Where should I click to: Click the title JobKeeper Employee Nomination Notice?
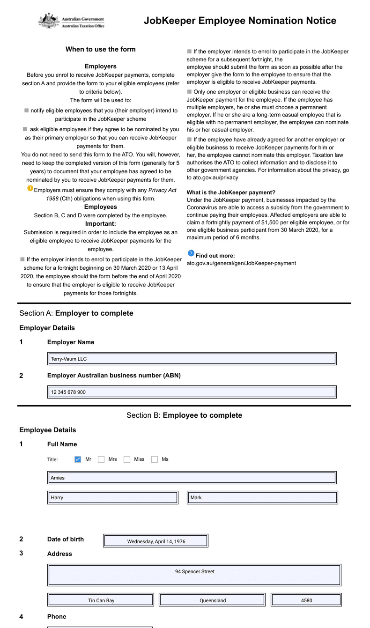(x=240, y=21)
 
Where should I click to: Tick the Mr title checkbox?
(x=78, y=459)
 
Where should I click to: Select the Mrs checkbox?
(x=101, y=459)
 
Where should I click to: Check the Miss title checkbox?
(x=127, y=459)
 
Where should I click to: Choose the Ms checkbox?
(x=155, y=459)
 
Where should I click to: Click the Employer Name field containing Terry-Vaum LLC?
(x=192, y=359)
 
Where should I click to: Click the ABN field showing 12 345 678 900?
(x=192, y=392)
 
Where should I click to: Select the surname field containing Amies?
(x=192, y=478)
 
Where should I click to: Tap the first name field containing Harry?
(x=113, y=497)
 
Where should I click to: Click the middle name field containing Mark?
(x=262, y=497)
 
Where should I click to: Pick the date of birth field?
(x=156, y=541)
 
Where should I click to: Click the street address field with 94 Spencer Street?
(x=194, y=575)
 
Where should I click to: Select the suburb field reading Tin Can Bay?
(x=101, y=600)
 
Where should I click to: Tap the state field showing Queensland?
(x=212, y=600)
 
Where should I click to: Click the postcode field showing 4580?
(x=306, y=600)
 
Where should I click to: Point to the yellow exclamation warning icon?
(x=30, y=188)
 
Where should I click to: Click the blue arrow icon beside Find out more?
(x=191, y=253)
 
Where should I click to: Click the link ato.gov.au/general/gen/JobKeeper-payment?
(x=241, y=263)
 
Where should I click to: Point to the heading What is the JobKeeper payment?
(x=231, y=192)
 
